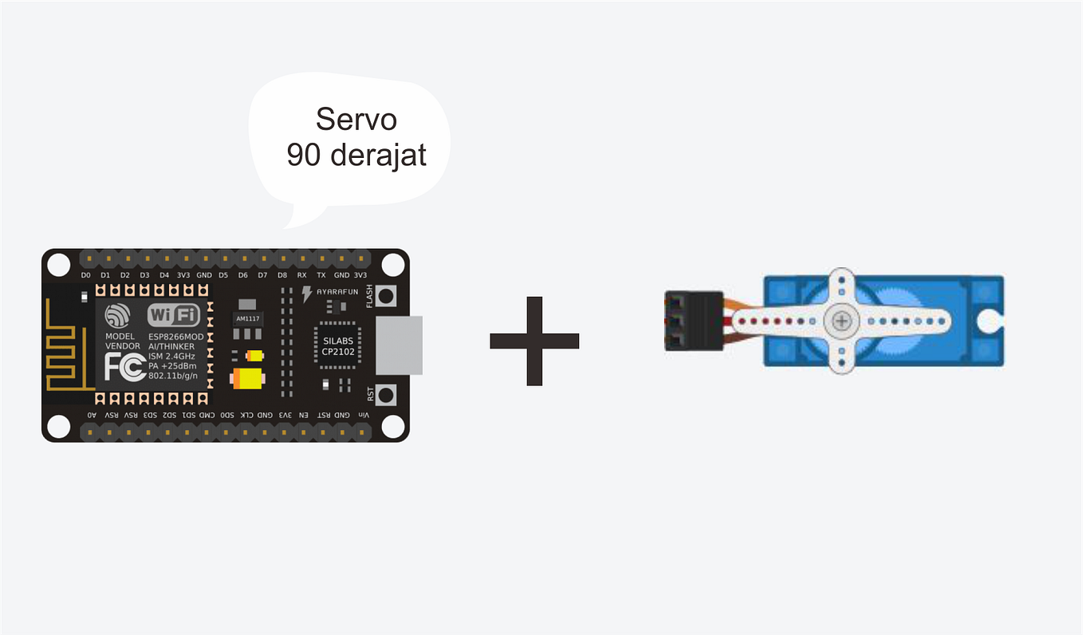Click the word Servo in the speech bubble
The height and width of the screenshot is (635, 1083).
(356, 120)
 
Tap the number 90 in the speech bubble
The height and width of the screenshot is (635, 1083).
(304, 155)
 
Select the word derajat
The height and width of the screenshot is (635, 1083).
(378, 155)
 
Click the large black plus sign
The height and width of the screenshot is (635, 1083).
(534, 341)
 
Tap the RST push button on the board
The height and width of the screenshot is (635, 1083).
(387, 394)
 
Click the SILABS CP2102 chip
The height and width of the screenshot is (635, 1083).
(338, 345)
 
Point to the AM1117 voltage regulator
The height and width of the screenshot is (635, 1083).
(248, 317)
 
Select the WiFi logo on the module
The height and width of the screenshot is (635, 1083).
(174, 315)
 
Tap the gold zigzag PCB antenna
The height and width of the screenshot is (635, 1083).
(67, 346)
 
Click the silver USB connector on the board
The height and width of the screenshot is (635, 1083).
(399, 345)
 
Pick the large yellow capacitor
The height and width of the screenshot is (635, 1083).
(248, 378)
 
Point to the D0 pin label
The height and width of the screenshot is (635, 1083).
(86, 275)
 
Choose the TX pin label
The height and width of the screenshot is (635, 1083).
(321, 275)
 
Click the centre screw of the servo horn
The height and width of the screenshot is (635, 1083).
(841, 321)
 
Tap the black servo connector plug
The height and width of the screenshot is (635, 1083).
(692, 321)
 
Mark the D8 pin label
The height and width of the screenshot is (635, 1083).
(282, 275)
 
